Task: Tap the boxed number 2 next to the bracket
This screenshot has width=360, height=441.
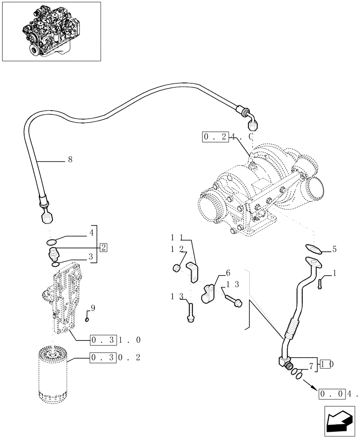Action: [x=103, y=247]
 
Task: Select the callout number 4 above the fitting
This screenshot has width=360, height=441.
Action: [x=91, y=232]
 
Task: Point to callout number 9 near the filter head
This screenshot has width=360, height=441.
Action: [x=92, y=307]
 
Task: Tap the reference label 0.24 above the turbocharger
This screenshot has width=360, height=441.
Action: [x=227, y=137]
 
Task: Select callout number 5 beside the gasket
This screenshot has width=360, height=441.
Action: [x=334, y=249]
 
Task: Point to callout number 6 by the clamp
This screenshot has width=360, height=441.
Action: [x=228, y=273]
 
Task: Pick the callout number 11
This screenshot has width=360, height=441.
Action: [x=176, y=238]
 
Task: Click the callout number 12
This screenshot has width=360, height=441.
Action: [x=176, y=250]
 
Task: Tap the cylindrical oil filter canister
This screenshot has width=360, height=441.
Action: [x=53, y=375]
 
